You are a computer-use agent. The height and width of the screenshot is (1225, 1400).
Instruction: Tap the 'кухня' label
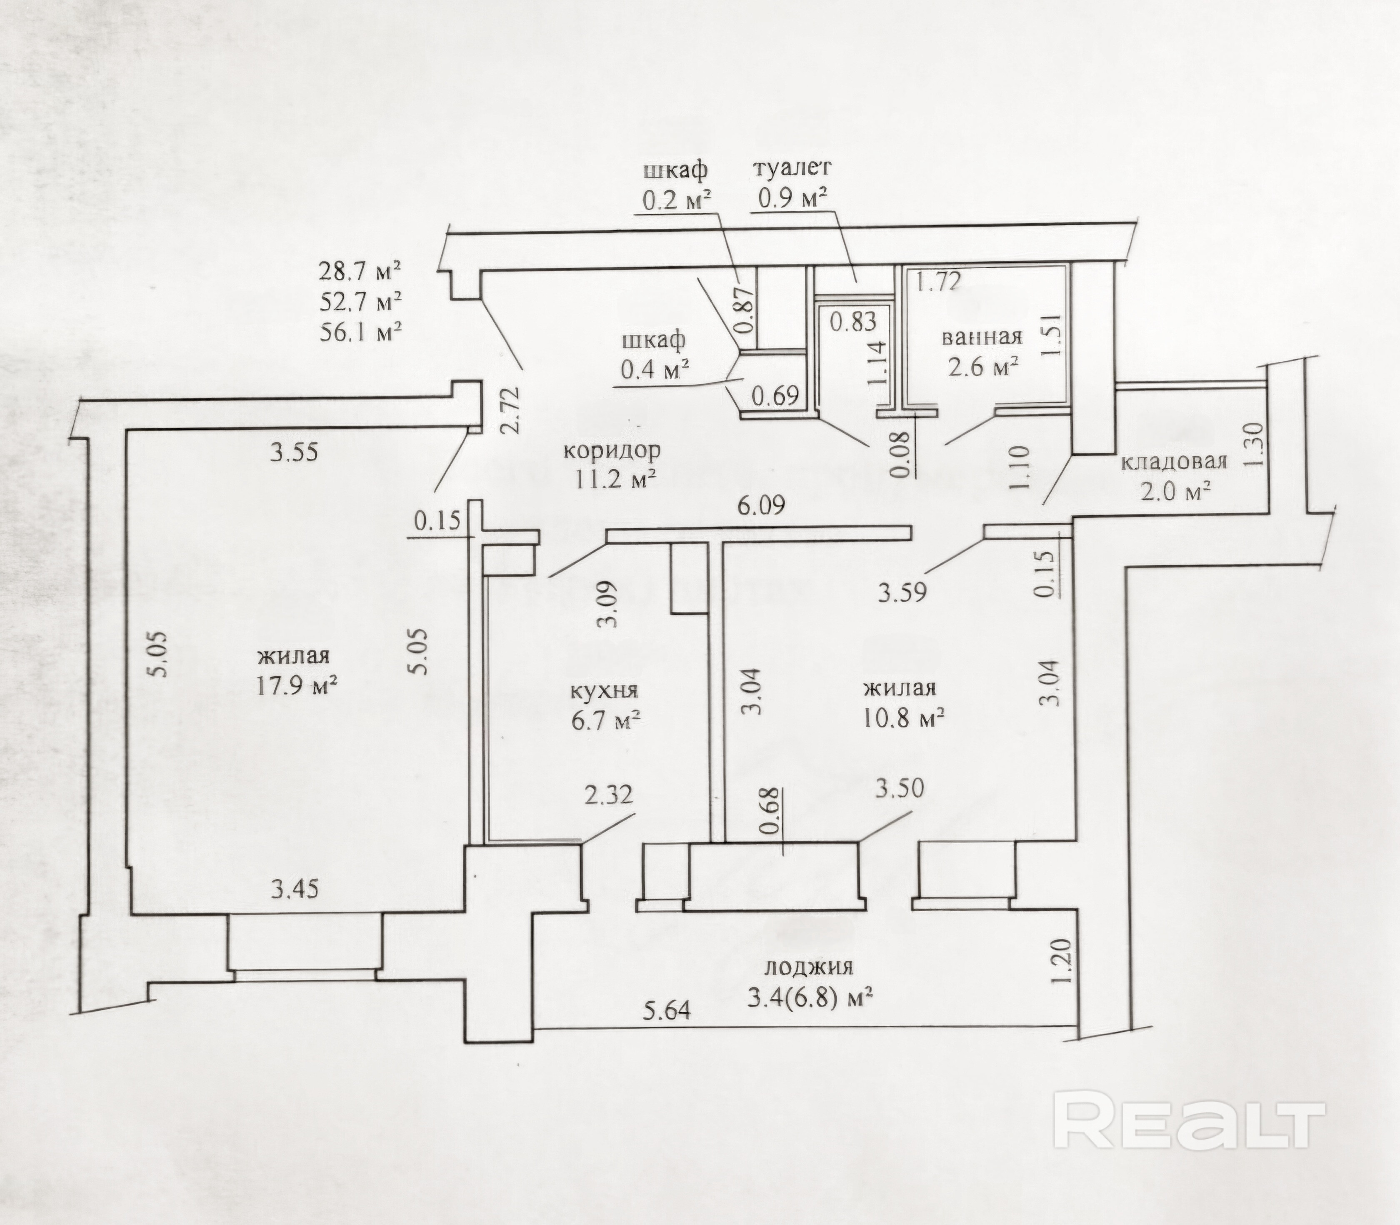604,690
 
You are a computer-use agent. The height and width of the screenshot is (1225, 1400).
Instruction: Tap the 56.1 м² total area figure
360,332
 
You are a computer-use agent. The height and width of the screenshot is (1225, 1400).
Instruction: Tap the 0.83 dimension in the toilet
853,322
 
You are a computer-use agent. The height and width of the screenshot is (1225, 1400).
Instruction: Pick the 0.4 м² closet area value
653,370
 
